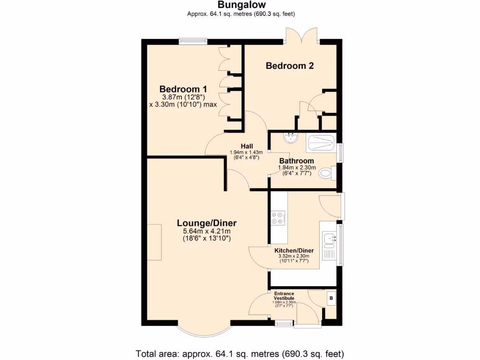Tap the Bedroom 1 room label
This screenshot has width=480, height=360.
click(183, 89)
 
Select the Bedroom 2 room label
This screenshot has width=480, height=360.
click(289, 66)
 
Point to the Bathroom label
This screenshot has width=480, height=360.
click(297, 161)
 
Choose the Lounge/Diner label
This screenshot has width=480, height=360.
click(206, 223)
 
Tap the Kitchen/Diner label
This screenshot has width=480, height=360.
click(294, 250)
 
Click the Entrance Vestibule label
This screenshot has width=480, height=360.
click(284, 296)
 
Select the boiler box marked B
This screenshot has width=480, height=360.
click(331, 298)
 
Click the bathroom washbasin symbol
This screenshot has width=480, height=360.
click(291, 137)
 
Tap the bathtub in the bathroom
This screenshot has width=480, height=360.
click(321, 143)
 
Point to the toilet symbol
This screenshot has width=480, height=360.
click(326, 174)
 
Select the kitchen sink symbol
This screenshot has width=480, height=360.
click(329, 240)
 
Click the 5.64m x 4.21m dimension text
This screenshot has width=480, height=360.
click(206, 231)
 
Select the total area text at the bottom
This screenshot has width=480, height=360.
click(240, 353)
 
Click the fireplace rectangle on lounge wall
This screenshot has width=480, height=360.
click(154, 242)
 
